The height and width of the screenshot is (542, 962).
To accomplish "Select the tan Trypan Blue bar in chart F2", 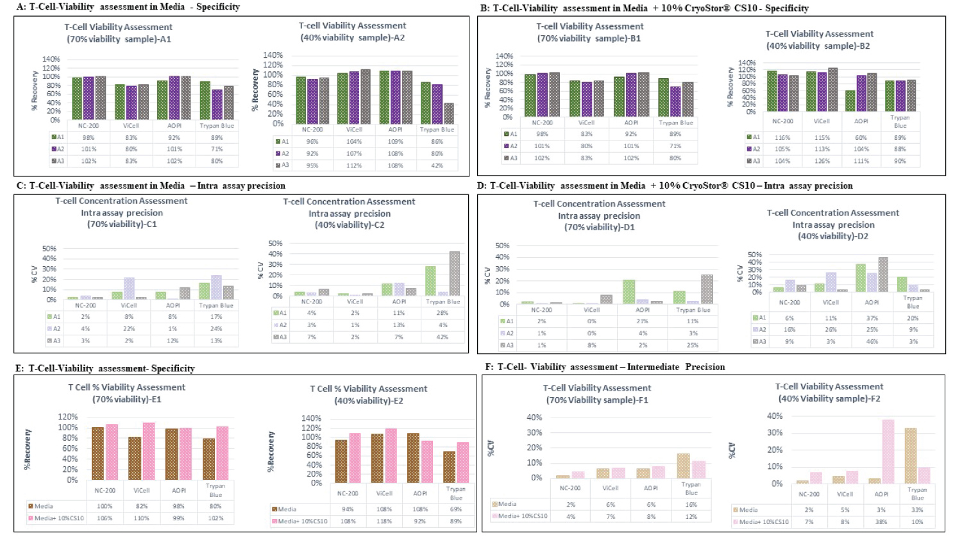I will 911,455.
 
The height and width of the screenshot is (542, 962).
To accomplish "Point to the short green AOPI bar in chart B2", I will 850,101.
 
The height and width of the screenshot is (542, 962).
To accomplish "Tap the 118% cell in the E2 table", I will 384,521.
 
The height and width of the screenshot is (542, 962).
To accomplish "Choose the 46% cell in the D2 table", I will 872,341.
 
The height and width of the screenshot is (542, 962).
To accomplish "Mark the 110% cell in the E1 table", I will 141,518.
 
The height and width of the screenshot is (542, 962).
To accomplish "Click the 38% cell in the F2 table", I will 881,521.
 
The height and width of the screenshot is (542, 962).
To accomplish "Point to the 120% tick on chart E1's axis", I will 68,417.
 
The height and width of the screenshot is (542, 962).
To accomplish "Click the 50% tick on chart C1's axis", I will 49,248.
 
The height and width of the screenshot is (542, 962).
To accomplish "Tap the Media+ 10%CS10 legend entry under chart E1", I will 56,518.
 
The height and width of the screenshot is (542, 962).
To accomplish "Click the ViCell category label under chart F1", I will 610,488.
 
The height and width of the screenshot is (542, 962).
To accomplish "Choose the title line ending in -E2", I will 368,401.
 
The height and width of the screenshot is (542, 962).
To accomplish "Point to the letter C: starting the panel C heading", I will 21,186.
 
